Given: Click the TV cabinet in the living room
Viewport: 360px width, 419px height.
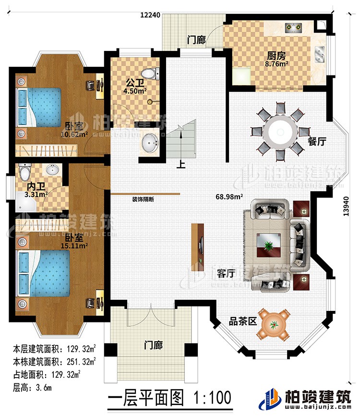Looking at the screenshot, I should click(198, 244).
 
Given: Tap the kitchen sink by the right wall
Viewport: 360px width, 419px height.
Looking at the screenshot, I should click(320, 54).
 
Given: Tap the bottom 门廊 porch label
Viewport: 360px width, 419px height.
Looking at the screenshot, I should click(153, 345).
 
